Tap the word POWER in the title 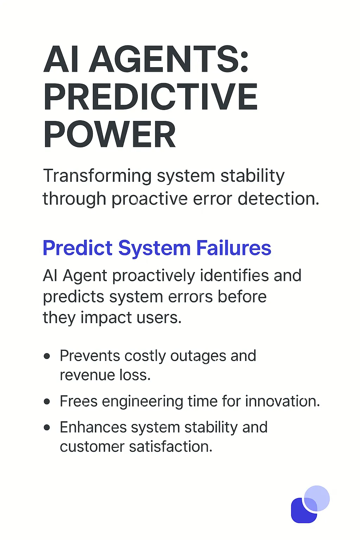[x=109, y=135]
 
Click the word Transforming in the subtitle [x=97, y=176]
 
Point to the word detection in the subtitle [x=278, y=199]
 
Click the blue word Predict [x=77, y=248]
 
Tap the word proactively [x=153, y=276]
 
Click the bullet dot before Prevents [x=47, y=356]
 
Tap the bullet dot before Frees [x=47, y=401]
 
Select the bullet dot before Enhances [x=47, y=427]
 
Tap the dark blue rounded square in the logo [x=301, y=513]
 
